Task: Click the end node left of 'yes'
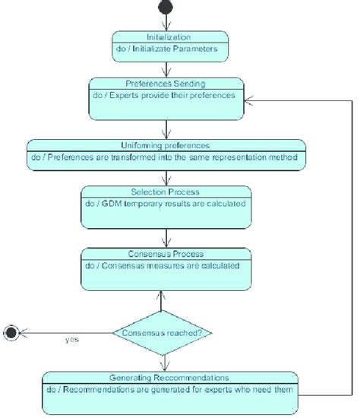point(11,332)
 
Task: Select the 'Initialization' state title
point(169,36)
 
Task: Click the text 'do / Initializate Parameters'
point(169,49)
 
